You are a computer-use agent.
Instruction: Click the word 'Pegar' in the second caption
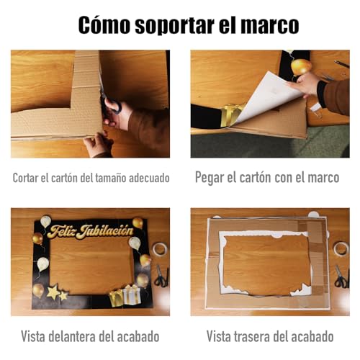(x=211, y=177)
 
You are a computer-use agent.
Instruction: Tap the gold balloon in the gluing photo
(x=300, y=67)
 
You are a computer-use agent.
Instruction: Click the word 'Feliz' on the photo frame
(x=60, y=232)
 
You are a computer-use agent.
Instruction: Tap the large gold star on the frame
(x=53, y=292)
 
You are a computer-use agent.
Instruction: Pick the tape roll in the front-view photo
(x=159, y=249)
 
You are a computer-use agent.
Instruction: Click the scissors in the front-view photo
(x=161, y=276)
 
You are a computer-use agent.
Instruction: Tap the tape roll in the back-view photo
(x=341, y=249)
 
